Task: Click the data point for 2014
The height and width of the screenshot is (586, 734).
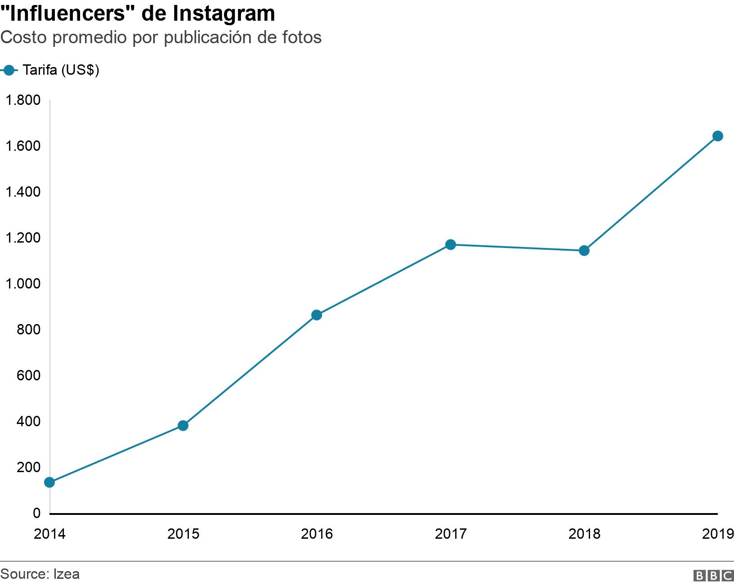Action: click(x=49, y=482)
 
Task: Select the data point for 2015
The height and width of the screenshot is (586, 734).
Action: click(x=183, y=426)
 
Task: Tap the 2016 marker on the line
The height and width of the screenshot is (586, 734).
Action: click(x=317, y=315)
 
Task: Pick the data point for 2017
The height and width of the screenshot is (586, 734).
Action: click(x=450, y=244)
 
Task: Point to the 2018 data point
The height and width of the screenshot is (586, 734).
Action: click(x=584, y=251)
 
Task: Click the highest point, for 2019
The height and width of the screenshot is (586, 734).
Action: click(x=718, y=136)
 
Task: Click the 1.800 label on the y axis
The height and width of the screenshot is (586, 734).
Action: click(x=23, y=100)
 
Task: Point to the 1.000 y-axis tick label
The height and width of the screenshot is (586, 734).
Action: click(x=23, y=284)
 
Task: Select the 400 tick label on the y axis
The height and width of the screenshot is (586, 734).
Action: click(x=28, y=422)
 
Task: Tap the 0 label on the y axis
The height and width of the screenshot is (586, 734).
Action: click(x=36, y=514)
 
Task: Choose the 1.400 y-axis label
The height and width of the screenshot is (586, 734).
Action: click(x=23, y=192)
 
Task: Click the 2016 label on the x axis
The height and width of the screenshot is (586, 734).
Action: click(x=317, y=534)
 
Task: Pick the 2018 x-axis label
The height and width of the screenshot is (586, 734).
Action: click(x=584, y=534)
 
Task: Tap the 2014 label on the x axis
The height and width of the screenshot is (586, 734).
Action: click(x=49, y=534)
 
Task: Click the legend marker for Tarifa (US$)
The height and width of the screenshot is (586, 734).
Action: click(x=9, y=70)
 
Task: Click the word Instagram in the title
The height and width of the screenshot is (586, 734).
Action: click(x=224, y=14)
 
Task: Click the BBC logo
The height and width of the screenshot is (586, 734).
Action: click(x=713, y=575)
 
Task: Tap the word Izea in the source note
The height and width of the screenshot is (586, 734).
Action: click(x=67, y=574)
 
